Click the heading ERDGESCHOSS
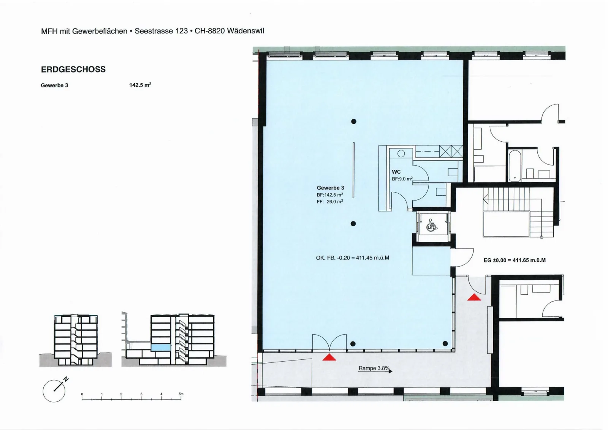coord(73,70)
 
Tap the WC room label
coord(396,172)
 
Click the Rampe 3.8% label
coord(374,368)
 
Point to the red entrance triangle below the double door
coord(329,357)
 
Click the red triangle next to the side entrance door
coord(474,297)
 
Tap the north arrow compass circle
coord(54,391)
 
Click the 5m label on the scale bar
coord(181,394)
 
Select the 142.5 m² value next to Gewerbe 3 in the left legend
coord(140,85)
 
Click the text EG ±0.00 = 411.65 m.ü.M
coord(515,260)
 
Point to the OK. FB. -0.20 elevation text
coord(352,258)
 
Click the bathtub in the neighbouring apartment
coord(515,166)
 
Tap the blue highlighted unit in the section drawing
coord(161,348)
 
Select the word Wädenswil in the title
coord(245,31)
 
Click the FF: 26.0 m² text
coord(330,202)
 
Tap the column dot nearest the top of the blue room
coord(354,122)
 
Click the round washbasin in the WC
coord(401,153)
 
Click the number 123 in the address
coord(182,31)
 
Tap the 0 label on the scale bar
coord(82,394)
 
